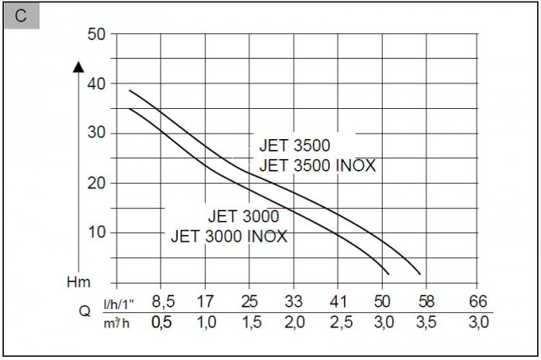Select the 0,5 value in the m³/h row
pos(162,323)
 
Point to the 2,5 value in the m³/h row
pos(339,323)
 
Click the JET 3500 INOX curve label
pos(318,165)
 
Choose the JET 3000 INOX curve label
pos(229,236)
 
